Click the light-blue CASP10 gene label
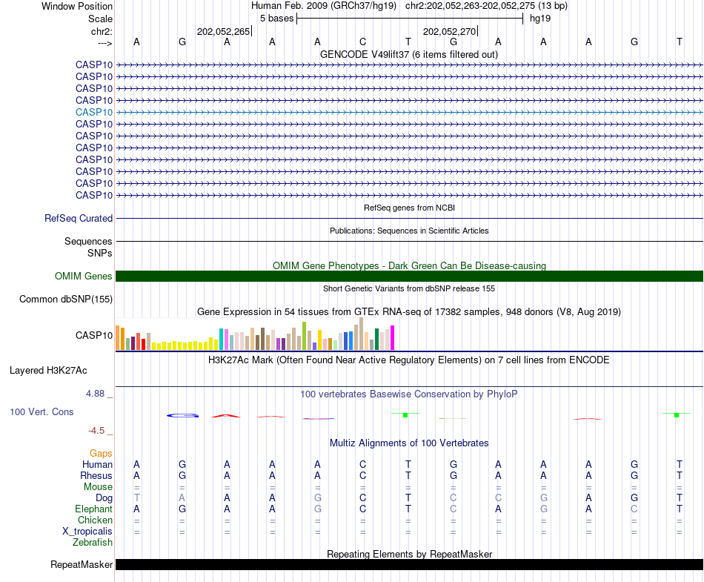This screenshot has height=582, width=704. [94, 112]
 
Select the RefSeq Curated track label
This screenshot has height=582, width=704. [79, 219]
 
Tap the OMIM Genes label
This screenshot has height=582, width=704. [84, 277]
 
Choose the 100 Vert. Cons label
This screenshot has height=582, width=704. [41, 411]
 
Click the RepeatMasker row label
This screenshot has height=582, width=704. [82, 565]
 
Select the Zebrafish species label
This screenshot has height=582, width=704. [93, 543]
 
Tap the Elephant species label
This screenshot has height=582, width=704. [93, 509]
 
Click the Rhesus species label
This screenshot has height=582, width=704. [97, 476]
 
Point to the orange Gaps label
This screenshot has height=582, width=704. [101, 453]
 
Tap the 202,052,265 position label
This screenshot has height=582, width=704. [223, 32]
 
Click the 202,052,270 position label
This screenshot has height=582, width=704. [449, 32]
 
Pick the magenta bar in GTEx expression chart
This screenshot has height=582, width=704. [392, 338]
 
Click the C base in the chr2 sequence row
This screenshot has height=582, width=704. [363, 42]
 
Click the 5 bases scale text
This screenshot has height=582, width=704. [276, 19]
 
